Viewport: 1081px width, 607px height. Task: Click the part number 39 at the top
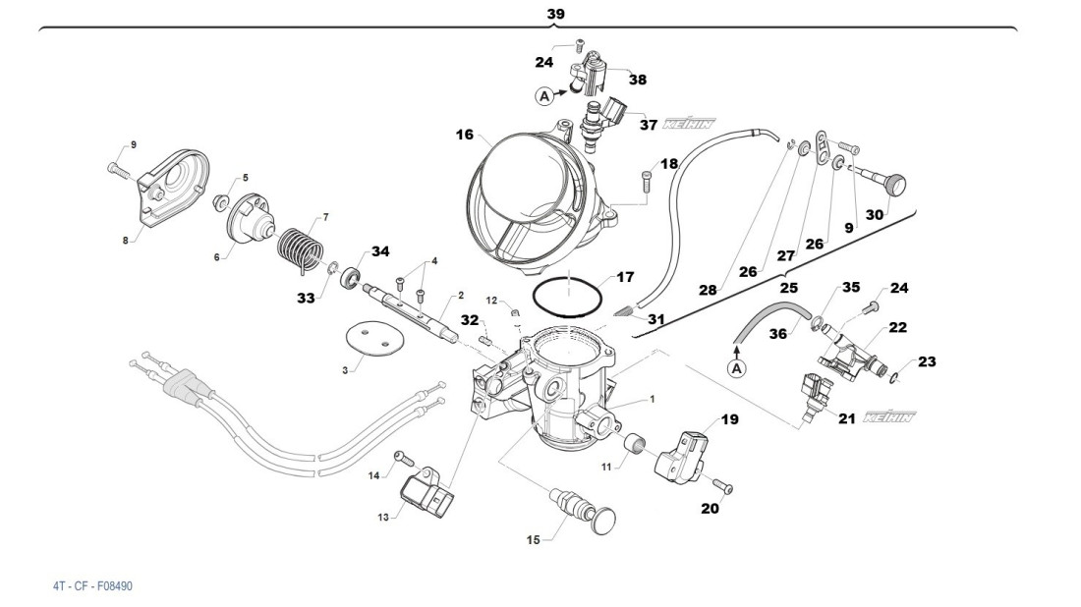tap(555, 14)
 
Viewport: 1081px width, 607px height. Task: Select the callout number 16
tap(464, 135)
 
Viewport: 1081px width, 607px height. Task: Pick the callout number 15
tap(533, 539)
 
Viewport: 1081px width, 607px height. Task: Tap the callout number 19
tap(728, 419)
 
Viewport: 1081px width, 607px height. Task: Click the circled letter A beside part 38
tap(544, 96)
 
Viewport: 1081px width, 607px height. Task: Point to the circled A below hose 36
tap(735, 367)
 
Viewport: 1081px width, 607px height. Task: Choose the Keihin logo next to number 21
tap(888, 418)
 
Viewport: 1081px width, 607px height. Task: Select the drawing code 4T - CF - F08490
tap(92, 586)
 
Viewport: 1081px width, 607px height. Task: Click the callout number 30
tap(874, 214)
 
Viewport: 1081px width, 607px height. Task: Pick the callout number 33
tap(306, 296)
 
